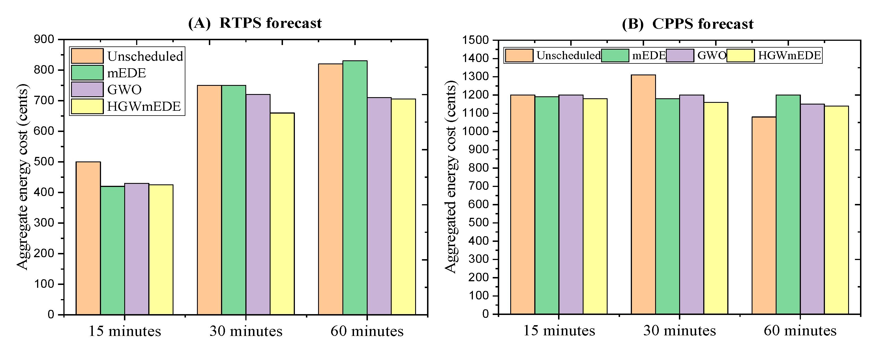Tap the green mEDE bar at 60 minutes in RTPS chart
pyautogui.click(x=355, y=187)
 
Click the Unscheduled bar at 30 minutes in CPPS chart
pyautogui.click(x=643, y=194)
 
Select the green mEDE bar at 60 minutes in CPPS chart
pyautogui.click(x=788, y=204)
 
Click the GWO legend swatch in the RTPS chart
pyautogui.click(x=87, y=89)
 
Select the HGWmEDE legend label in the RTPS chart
pyautogui.click(x=144, y=106)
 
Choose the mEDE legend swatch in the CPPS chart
pyautogui.click(x=615, y=56)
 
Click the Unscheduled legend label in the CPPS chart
pyautogui.click(x=568, y=56)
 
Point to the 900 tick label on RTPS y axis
pyautogui.click(x=44, y=39)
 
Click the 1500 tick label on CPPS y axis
pyautogui.click(x=476, y=40)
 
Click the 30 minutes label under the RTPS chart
pyautogui.click(x=246, y=331)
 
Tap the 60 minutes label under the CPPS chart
pyautogui.click(x=800, y=330)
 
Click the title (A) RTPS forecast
pyautogui.click(x=255, y=23)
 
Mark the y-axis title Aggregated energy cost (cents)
pyautogui.click(x=451, y=177)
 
